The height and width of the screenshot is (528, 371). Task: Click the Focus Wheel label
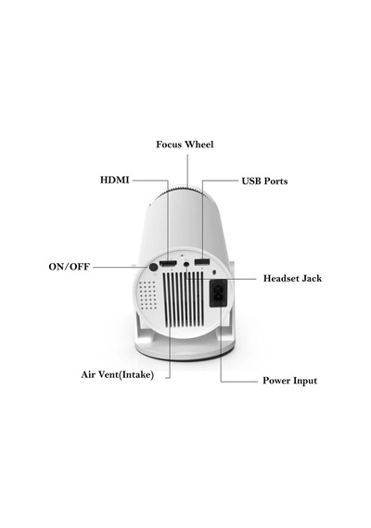[x=185, y=145]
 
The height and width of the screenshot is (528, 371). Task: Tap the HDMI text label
[x=115, y=180]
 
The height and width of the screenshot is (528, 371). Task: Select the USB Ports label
[x=264, y=181]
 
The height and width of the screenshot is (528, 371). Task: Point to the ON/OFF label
[x=70, y=267]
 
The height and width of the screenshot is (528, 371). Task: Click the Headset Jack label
[x=292, y=279]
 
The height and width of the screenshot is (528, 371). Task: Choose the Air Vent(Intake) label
[x=118, y=375]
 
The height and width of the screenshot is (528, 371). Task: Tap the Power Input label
[x=289, y=381]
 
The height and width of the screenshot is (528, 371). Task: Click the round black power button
[x=153, y=268]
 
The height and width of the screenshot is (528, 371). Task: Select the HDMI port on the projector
[x=168, y=263]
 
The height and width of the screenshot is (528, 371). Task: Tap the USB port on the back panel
[x=202, y=261]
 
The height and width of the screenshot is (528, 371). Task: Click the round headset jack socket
[x=186, y=264]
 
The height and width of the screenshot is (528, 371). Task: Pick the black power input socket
[x=218, y=294]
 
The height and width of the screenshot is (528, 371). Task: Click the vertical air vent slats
[x=183, y=299]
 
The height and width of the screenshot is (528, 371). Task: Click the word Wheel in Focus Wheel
[x=199, y=145]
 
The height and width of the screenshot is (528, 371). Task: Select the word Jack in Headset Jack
[x=312, y=279]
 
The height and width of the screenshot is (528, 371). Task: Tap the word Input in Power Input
[x=305, y=381]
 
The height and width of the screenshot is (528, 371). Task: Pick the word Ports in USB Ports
[x=275, y=181]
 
